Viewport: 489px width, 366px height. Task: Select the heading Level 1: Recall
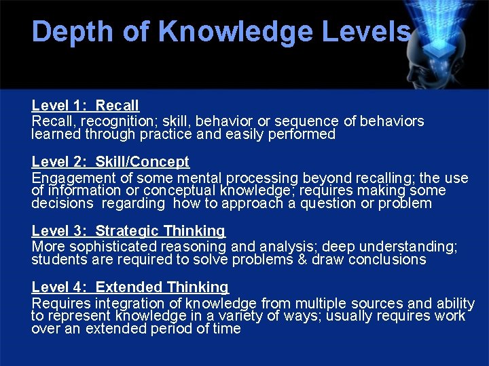tap(85, 106)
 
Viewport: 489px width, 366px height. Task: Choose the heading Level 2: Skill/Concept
tap(110, 162)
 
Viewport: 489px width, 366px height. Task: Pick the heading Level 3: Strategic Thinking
tap(128, 232)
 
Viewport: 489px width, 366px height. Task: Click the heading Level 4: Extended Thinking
tap(130, 288)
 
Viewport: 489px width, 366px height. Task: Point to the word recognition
tap(109, 121)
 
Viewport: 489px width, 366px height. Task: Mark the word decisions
tap(62, 203)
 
